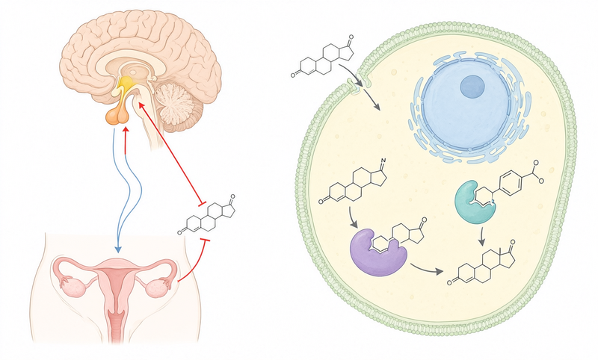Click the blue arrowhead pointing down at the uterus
[x=118, y=249]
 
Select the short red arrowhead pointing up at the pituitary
[x=126, y=130]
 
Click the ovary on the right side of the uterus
[x=156, y=288]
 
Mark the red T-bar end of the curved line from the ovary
[x=205, y=240]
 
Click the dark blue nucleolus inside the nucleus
[x=472, y=86]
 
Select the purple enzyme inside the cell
[x=377, y=252]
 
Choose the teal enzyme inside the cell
[x=473, y=202]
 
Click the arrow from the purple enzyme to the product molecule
[x=426, y=269]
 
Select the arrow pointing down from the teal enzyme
[x=482, y=237]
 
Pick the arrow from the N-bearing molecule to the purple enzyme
[x=353, y=218]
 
